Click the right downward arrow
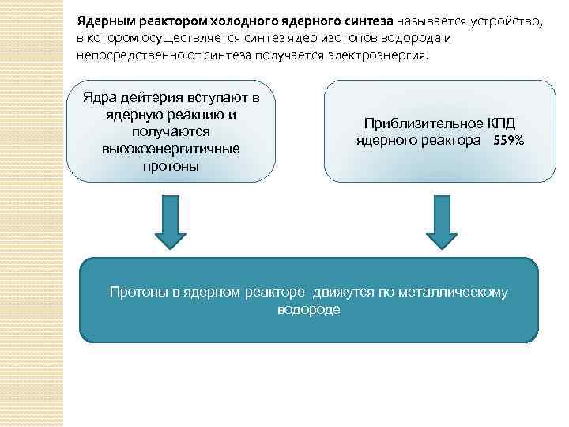coord(441,222)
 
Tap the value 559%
coord(509,141)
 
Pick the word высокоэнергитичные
coord(170,149)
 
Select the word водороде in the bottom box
coord(308,309)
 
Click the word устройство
coord(506,22)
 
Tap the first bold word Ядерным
coord(100,22)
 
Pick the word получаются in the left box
coord(170,132)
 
